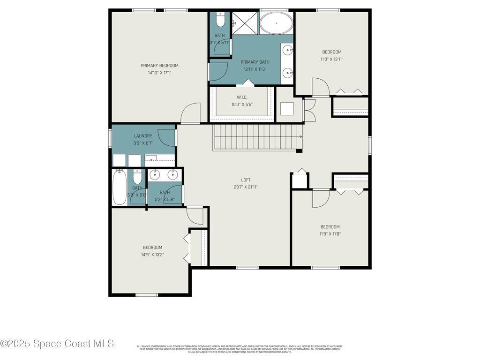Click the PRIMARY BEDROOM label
[159, 66]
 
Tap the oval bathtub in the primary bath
[276, 23]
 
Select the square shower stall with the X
[245, 23]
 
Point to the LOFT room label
[246, 180]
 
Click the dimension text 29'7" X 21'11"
[246, 187]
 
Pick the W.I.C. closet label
[242, 97]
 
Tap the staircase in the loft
[257, 137]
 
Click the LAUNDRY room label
[143, 136]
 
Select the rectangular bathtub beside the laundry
[119, 187]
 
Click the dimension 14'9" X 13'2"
[152, 255]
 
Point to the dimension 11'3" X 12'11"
[331, 59]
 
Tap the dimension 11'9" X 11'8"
[330, 234]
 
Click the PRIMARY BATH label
[255, 62]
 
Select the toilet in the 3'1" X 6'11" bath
[220, 20]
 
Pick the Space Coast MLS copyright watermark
[57, 344]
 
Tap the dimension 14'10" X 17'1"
[159, 73]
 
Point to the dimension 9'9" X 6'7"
[143, 143]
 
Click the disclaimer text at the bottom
[240, 349]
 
